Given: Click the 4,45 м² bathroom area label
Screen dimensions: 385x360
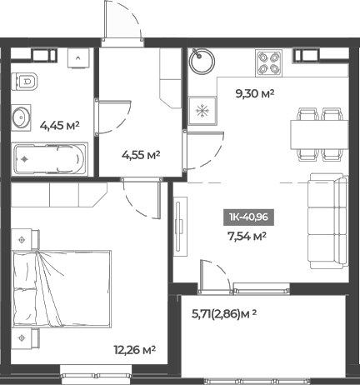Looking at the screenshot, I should click(59, 127).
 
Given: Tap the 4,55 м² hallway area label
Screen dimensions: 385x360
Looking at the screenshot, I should click(140, 154).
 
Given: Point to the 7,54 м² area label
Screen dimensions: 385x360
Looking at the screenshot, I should click(247, 236).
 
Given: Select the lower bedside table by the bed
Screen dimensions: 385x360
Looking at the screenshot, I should click(22, 339).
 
